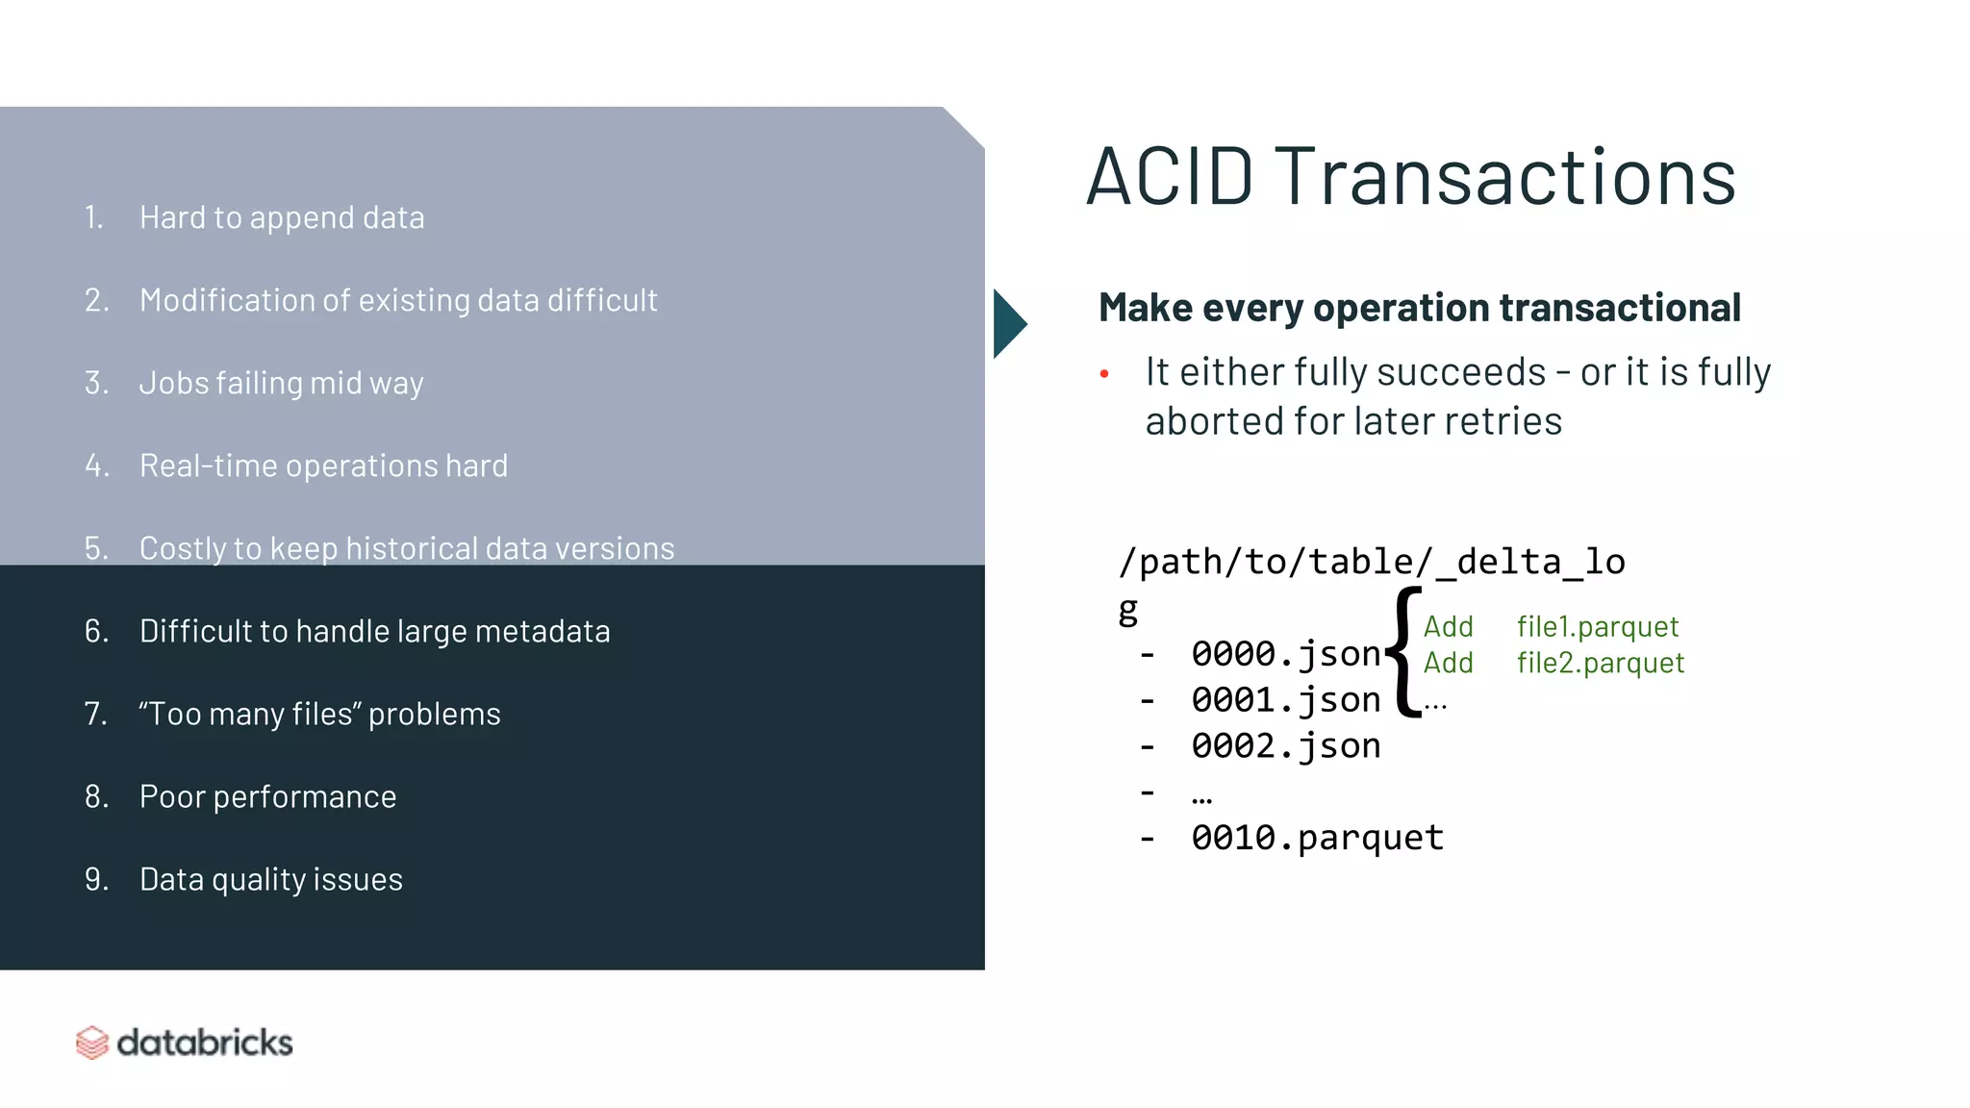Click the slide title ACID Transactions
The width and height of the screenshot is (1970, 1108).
coord(1410,177)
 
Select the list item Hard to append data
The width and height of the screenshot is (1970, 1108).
coord(281,217)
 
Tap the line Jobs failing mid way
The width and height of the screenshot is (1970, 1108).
coord(281,383)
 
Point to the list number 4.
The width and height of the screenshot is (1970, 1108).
coord(96,466)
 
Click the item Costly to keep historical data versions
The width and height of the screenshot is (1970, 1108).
coord(406,548)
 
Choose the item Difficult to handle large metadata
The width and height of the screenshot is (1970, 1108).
coord(374,631)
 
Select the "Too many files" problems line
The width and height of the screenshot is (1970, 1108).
coord(319,714)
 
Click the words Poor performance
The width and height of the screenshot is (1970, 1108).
coord(267,796)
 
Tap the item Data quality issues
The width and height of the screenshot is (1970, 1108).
coord(270,879)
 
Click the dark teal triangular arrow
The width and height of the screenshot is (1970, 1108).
coord(1007,324)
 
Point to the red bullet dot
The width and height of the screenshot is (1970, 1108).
coord(1104,374)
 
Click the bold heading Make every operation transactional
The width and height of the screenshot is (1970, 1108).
coord(1419,308)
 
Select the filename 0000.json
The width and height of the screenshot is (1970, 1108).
coord(1285,654)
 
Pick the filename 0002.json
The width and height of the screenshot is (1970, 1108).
coord(1285,746)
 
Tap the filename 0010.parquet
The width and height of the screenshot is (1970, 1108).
coord(1317,838)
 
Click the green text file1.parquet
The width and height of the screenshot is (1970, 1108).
coord(1597,627)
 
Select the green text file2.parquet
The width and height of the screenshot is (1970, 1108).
coord(1600,664)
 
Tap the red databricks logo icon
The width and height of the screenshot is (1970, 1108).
coord(92,1043)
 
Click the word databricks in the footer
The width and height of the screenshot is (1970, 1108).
coord(204,1043)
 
